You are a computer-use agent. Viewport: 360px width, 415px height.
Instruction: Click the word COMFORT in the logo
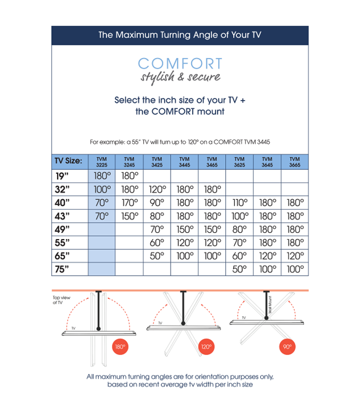click(x=179, y=64)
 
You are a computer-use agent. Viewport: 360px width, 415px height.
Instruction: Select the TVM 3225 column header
click(x=101, y=162)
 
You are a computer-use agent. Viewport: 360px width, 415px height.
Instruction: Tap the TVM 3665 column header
click(x=295, y=162)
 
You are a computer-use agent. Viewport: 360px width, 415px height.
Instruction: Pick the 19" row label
click(x=63, y=176)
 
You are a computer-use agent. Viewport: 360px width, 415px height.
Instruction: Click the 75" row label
click(x=63, y=269)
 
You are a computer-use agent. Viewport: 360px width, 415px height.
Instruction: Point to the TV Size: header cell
click(x=69, y=162)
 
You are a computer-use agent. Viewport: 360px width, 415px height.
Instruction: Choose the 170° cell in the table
click(x=129, y=203)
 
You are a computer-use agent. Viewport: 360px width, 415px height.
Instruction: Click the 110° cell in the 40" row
click(x=239, y=203)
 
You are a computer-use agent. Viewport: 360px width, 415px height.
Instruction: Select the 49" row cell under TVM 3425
click(x=157, y=229)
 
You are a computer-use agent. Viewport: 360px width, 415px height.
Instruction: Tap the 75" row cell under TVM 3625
click(x=239, y=269)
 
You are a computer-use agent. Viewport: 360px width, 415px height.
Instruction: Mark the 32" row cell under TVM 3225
click(x=101, y=189)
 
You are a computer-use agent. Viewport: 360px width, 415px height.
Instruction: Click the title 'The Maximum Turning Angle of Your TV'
click(x=180, y=35)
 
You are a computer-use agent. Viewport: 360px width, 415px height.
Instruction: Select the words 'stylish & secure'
click(x=180, y=77)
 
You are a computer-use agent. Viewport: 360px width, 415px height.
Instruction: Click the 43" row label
click(x=63, y=216)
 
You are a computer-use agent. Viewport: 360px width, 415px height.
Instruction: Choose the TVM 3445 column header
click(x=184, y=162)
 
